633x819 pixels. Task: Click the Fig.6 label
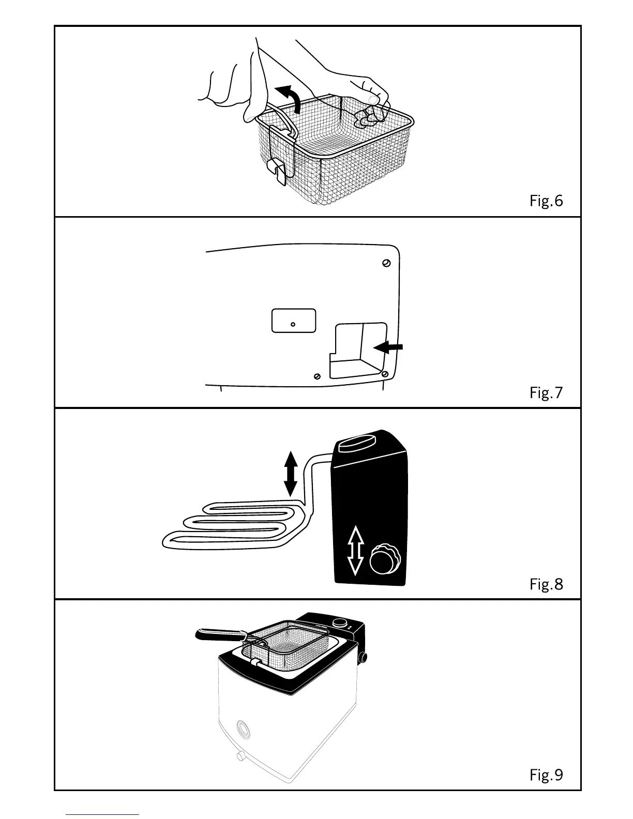click(546, 201)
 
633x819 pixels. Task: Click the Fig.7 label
click(546, 392)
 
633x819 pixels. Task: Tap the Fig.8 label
click(546, 584)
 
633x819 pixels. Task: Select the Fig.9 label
click(546, 775)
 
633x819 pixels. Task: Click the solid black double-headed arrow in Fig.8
click(291, 473)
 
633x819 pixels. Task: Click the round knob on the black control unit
click(384, 559)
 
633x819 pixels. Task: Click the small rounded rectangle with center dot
click(294, 321)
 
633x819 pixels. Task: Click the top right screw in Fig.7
click(386, 263)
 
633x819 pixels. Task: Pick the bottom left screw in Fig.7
click(318, 376)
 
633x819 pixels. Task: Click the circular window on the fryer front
click(242, 729)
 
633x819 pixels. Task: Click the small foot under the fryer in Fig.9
click(240, 756)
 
